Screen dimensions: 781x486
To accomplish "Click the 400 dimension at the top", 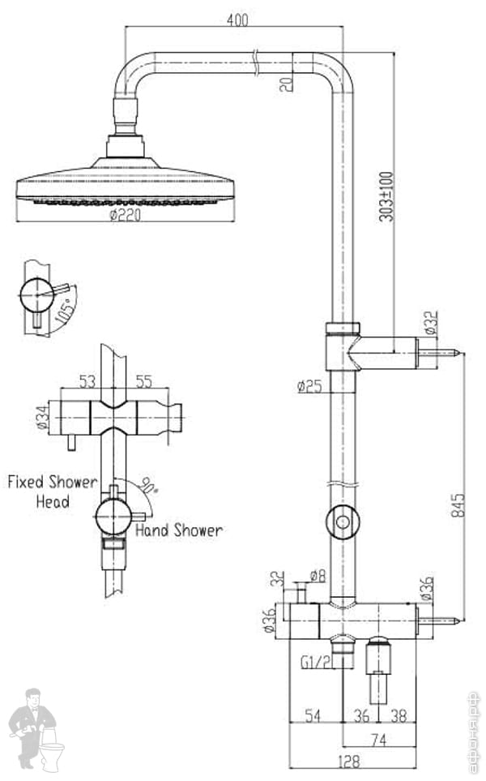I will point(237,19).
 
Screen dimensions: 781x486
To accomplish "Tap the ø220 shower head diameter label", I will point(127,215).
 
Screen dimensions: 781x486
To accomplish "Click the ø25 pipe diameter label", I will point(310,386).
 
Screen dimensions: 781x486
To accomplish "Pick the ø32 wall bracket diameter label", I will point(431,322).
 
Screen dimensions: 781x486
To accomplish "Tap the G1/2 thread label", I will point(315,663).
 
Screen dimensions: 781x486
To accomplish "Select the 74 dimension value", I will point(376,740).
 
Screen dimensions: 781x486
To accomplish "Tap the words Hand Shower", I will point(178,530).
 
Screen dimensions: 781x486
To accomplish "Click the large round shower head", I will point(128,185).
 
